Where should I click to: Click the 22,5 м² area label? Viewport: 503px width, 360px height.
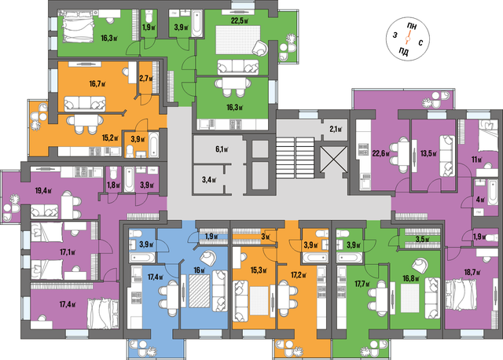pyautogui.click(x=240, y=21)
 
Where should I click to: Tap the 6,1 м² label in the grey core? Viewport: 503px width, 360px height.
pyautogui.click(x=222, y=149)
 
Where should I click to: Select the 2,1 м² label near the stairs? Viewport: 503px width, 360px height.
pyautogui.click(x=336, y=130)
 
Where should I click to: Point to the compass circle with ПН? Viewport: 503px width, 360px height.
pyautogui.click(x=407, y=39)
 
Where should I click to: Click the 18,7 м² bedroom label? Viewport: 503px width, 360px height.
pyautogui.click(x=472, y=273)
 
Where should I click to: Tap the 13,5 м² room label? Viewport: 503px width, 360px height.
pyautogui.click(x=428, y=154)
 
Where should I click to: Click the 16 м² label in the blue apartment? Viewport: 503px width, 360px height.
pyautogui.click(x=199, y=270)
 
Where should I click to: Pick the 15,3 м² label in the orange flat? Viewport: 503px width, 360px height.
pyautogui.click(x=259, y=271)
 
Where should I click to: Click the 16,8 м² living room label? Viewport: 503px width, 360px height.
pyautogui.click(x=411, y=278)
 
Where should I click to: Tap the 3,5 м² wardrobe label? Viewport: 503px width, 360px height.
pyautogui.click(x=422, y=240)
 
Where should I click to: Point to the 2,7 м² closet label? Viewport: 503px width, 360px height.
pyautogui.click(x=146, y=78)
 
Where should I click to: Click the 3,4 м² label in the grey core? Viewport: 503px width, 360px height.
pyautogui.click(x=209, y=179)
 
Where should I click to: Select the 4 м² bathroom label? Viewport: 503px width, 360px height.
pyautogui.click(x=480, y=200)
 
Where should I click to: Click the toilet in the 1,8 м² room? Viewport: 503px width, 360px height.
pyautogui.click(x=113, y=173)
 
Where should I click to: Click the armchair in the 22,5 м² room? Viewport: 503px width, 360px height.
pyautogui.click(x=260, y=48)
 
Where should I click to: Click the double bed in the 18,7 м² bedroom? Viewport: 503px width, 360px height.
pyautogui.click(x=461, y=299)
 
